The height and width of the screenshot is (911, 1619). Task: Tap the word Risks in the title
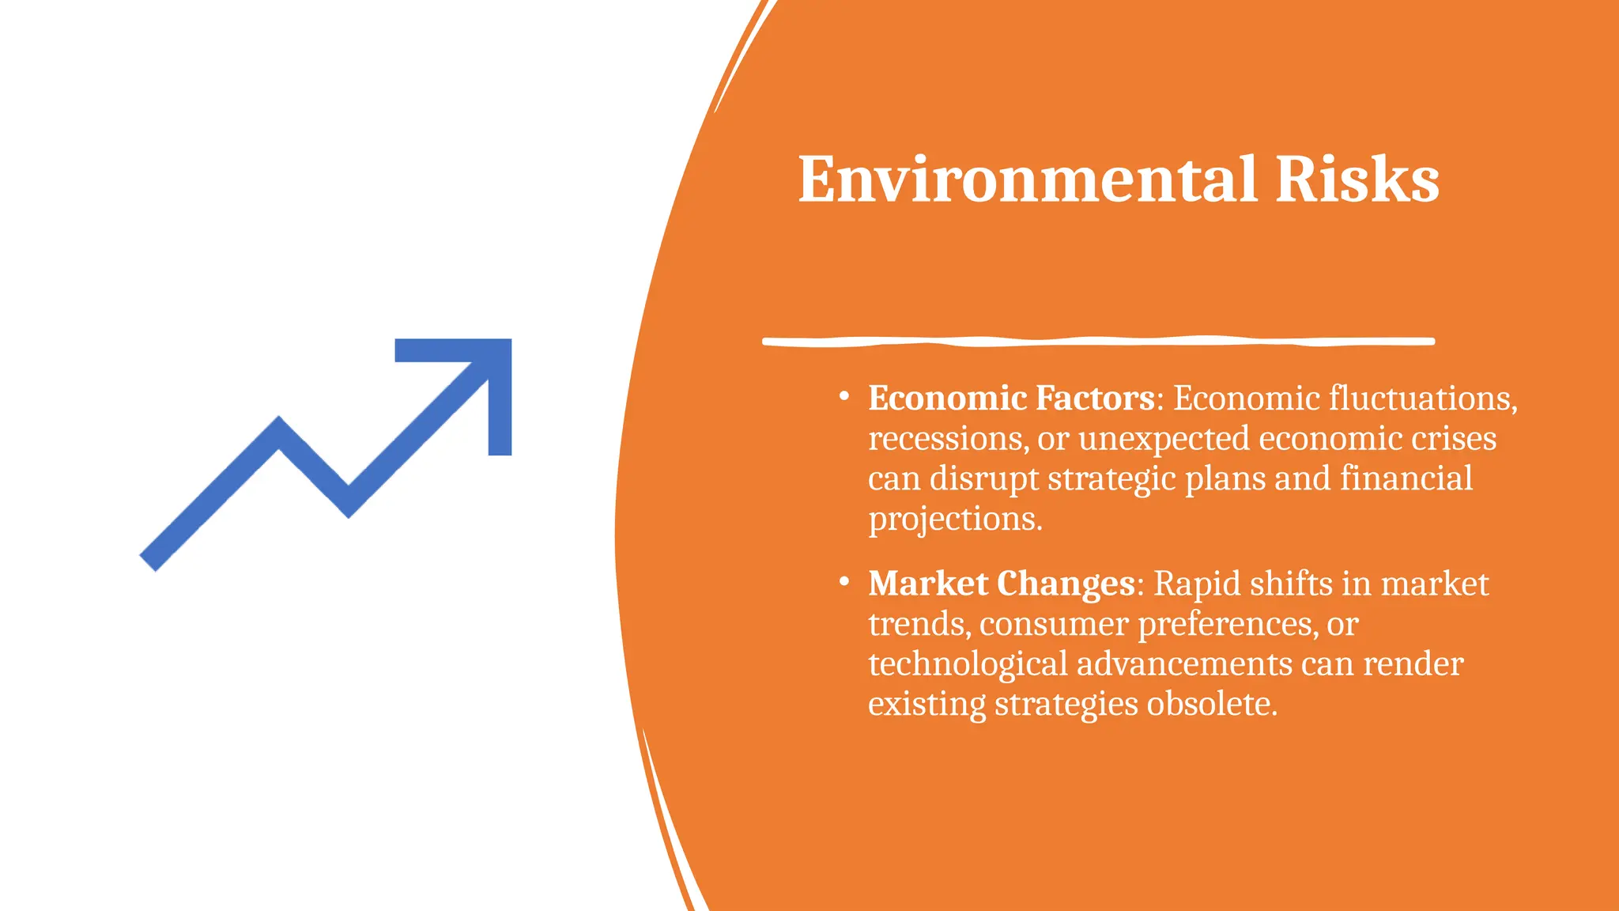1357,180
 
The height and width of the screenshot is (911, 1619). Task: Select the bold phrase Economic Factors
1011,398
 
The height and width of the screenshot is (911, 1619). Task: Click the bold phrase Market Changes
1002,584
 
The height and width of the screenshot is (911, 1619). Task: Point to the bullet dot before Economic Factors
844,396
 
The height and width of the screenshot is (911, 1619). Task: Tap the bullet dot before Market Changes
844,582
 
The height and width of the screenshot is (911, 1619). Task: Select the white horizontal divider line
1099,342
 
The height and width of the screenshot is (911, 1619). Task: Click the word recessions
948,439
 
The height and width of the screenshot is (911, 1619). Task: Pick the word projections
955,520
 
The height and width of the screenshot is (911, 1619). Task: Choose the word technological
968,664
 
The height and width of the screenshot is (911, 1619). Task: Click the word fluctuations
1422,398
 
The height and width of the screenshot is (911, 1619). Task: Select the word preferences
1226,625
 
